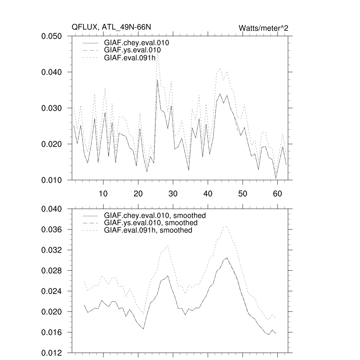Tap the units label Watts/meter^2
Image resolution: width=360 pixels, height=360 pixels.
pos(263,28)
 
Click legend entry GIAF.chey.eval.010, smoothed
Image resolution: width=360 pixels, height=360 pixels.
pos(155,215)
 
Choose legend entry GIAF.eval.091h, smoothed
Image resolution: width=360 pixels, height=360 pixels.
pos(148,230)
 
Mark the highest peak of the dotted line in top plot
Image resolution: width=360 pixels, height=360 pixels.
pos(157,53)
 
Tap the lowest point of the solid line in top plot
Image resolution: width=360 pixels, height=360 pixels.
pos(276,179)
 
